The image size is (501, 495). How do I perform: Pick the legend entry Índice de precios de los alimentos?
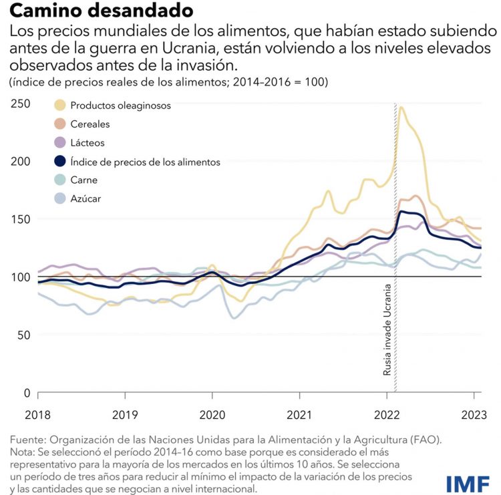tap(146, 162)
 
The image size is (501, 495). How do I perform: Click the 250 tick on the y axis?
tap(20, 104)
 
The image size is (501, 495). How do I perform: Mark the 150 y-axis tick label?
tap(20, 219)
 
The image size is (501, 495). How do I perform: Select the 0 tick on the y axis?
tap(27, 393)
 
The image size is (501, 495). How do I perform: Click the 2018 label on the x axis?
tap(37, 414)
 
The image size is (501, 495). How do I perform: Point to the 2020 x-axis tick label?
tap(212, 414)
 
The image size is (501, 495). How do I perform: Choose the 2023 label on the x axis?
tap(475, 414)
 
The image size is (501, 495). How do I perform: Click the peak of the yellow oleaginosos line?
tap(401, 108)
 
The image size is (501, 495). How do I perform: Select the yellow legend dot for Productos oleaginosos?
tap(60, 106)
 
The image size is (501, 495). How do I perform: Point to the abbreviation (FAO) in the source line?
tap(426, 440)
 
